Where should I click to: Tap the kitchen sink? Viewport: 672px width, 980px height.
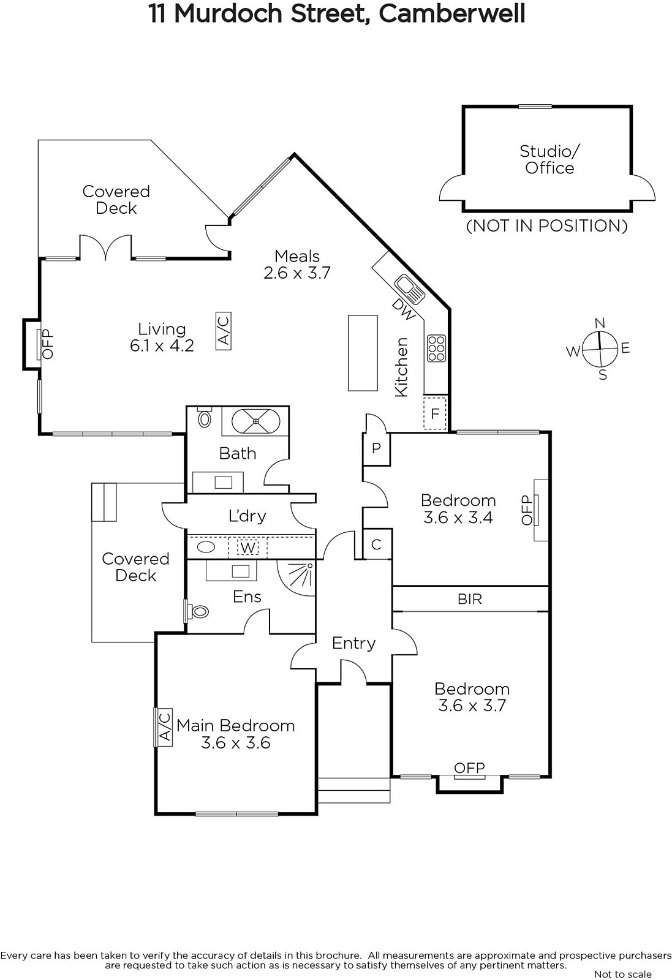point(410,288)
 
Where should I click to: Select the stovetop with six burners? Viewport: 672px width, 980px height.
point(436,349)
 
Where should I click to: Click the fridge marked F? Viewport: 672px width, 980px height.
point(436,413)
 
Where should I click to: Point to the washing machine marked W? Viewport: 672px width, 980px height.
point(247,548)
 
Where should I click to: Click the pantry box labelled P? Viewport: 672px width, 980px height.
point(376,448)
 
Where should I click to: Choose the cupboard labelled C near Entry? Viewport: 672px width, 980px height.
point(377,544)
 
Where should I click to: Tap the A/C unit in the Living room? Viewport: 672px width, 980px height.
point(224,331)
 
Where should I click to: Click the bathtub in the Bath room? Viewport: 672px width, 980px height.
point(255,421)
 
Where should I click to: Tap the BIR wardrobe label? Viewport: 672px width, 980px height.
point(470,599)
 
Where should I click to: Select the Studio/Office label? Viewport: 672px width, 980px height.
point(549,160)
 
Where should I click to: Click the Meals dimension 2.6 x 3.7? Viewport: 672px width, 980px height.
point(296,273)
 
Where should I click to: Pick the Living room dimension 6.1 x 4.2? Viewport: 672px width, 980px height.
point(162,345)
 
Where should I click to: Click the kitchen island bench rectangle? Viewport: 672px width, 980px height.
point(363,353)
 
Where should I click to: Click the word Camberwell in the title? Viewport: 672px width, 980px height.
point(451,13)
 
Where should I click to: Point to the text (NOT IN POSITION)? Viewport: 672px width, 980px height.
point(547,226)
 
